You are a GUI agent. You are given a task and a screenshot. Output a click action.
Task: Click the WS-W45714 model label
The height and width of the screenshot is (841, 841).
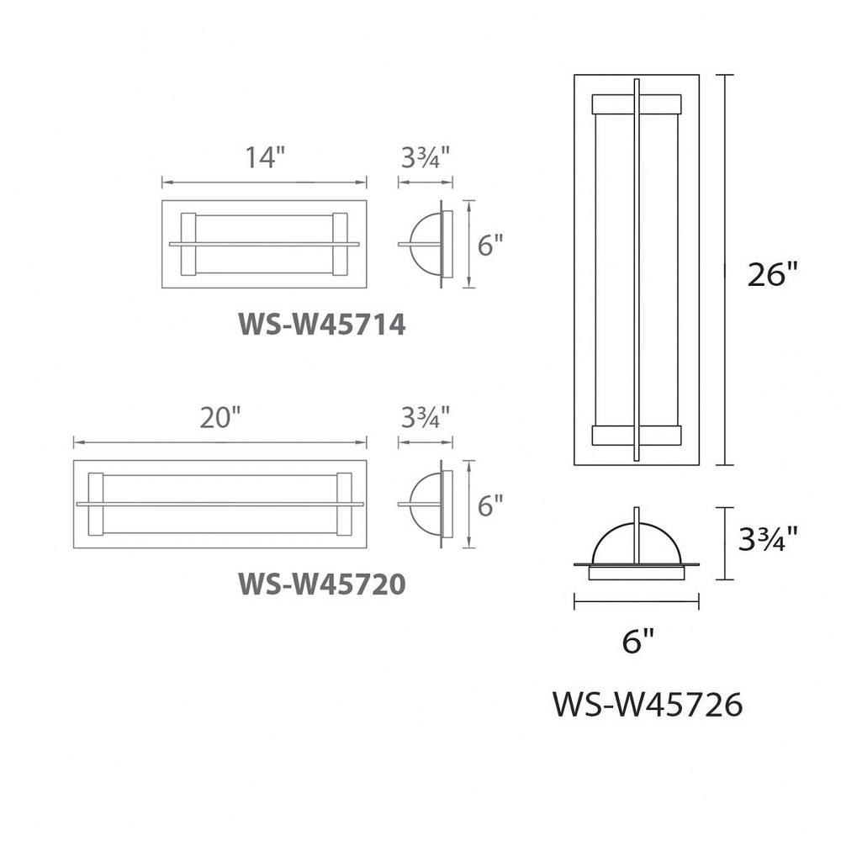click(x=322, y=324)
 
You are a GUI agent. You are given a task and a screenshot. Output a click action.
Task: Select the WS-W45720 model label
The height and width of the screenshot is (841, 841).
click(x=322, y=584)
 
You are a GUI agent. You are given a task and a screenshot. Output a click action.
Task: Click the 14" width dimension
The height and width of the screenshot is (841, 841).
click(x=264, y=157)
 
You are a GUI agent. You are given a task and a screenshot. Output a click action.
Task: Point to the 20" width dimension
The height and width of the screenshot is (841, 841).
click(x=220, y=417)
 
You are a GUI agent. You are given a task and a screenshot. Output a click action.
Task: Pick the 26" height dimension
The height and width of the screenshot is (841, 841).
click(x=773, y=274)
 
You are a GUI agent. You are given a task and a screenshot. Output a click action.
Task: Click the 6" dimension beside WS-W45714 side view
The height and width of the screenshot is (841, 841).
click(x=490, y=246)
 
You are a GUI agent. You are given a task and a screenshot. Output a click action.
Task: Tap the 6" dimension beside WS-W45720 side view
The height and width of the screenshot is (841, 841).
click(x=490, y=505)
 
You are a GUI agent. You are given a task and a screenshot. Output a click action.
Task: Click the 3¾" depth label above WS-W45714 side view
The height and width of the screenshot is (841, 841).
click(x=426, y=157)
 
